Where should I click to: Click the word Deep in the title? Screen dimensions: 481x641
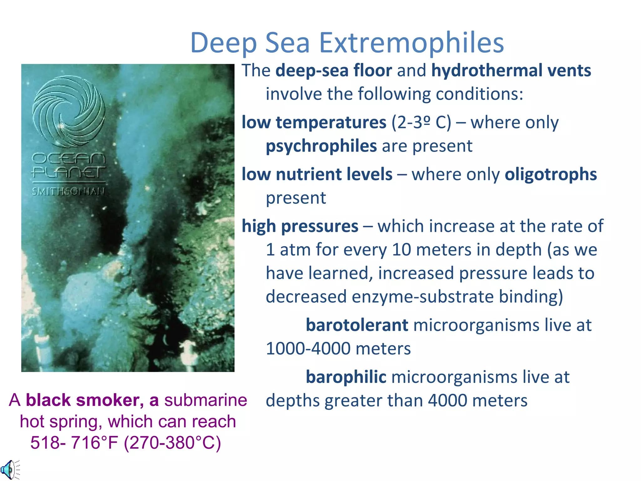click(x=223, y=43)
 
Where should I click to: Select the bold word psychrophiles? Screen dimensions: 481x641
click(x=321, y=146)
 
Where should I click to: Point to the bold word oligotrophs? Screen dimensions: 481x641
click(x=551, y=174)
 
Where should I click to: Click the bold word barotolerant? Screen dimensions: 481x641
click(x=357, y=325)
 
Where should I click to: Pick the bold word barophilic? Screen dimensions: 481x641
click(x=346, y=377)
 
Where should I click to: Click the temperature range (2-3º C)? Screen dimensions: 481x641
click(x=421, y=122)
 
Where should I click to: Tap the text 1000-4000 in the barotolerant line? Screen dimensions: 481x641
click(x=308, y=349)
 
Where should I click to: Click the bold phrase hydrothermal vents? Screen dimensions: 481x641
click(x=511, y=70)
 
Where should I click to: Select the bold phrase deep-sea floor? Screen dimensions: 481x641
click(x=334, y=70)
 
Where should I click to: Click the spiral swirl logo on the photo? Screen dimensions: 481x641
click(x=69, y=111)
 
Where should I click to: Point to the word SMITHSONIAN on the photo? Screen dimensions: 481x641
click(x=68, y=191)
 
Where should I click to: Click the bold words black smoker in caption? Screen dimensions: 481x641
click(x=85, y=400)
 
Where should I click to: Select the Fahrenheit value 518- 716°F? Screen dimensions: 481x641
click(x=74, y=442)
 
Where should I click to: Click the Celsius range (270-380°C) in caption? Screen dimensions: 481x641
click(x=172, y=442)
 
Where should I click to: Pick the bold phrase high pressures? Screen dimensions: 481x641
click(x=300, y=226)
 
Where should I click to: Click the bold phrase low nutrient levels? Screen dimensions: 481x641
click(x=317, y=174)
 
